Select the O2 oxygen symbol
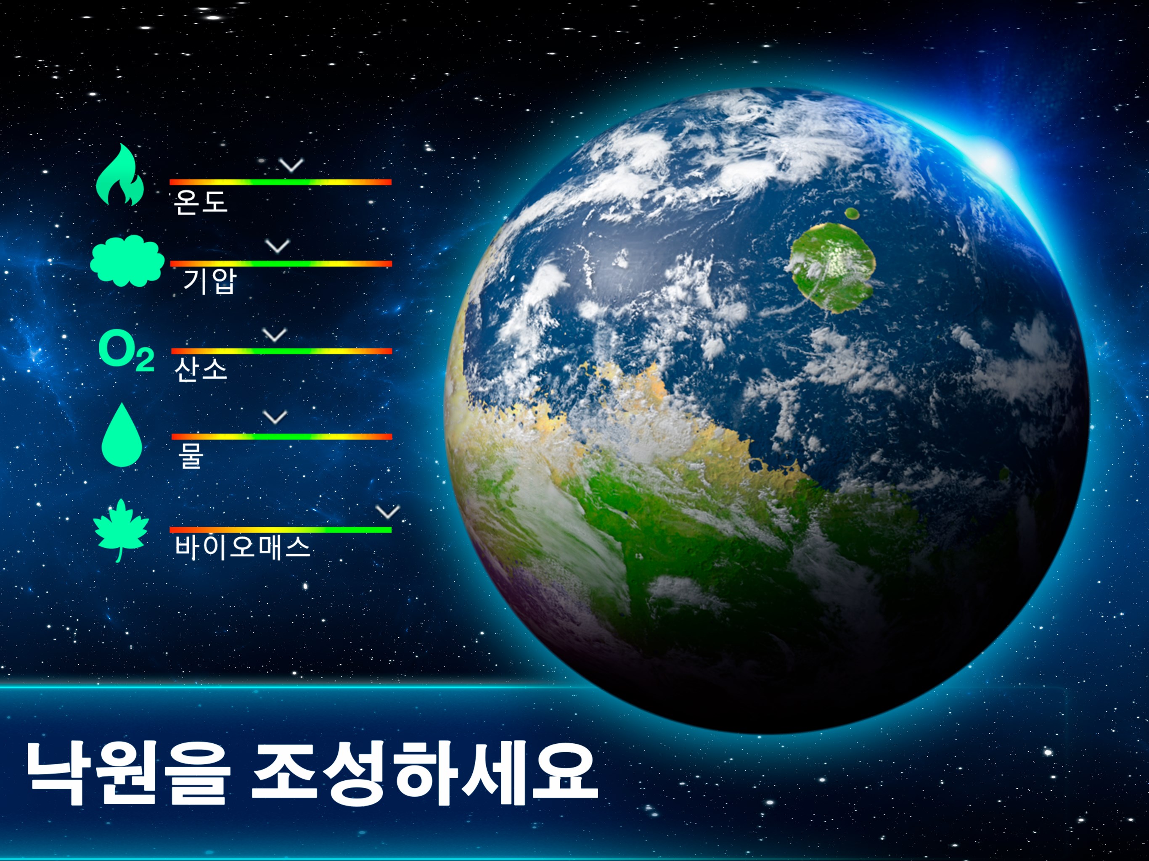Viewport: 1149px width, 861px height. (x=126, y=353)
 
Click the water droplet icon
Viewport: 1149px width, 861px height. (x=121, y=435)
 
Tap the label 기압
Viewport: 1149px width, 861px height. (x=209, y=281)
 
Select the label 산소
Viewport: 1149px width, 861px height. (x=201, y=370)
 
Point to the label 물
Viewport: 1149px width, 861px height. (x=190, y=454)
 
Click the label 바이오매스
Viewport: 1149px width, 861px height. (x=242, y=547)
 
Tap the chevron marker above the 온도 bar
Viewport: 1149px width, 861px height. (x=291, y=166)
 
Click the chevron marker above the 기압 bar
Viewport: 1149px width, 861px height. (x=278, y=246)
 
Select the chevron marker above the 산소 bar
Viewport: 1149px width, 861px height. (x=275, y=335)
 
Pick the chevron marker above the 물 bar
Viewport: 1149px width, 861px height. (x=275, y=417)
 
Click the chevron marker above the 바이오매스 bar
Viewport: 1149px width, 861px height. (x=387, y=512)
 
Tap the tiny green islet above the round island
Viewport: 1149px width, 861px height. (x=851, y=213)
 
